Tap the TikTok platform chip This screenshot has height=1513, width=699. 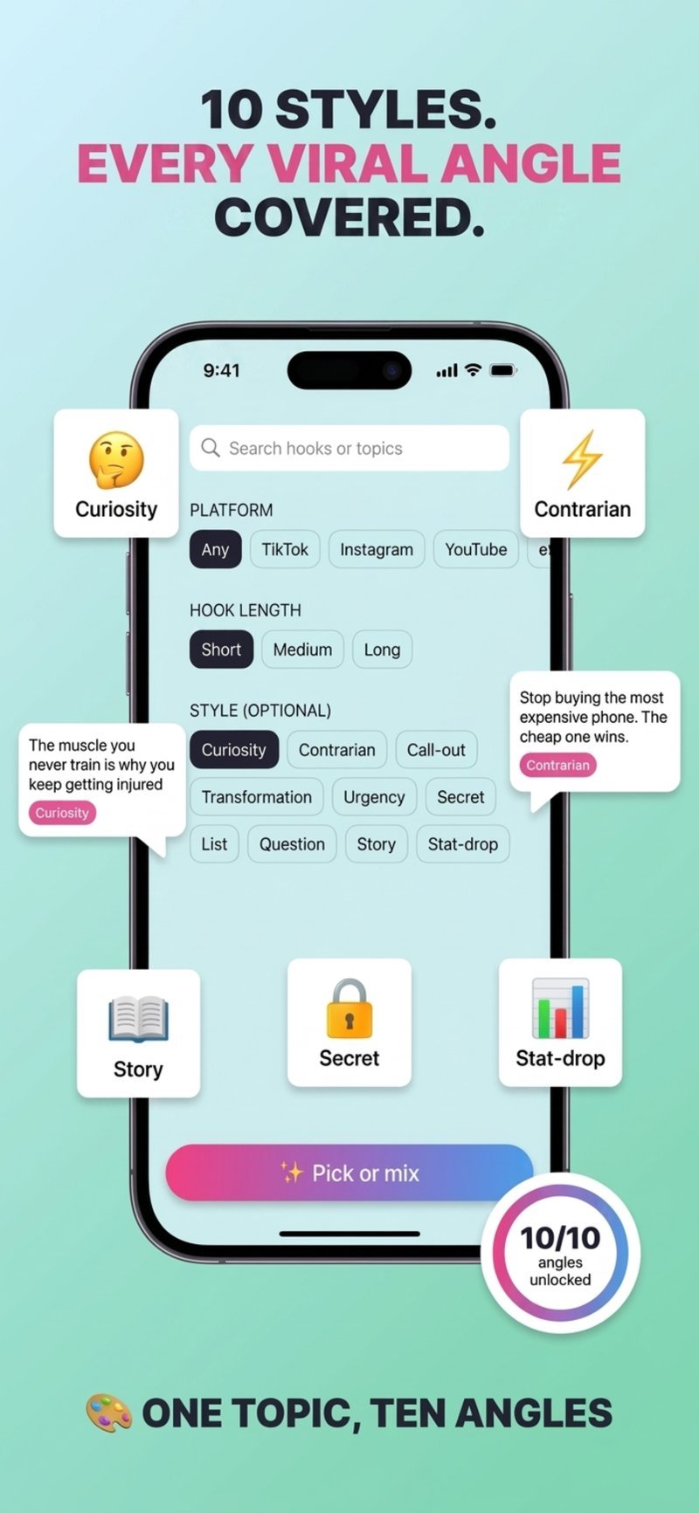point(285,550)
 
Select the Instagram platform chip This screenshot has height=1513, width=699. point(377,550)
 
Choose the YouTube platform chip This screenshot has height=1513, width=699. point(475,550)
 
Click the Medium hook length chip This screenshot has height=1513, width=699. point(302,650)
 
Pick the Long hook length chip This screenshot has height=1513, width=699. point(382,650)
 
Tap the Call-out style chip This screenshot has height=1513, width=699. point(436,750)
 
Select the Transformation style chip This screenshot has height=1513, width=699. point(256,797)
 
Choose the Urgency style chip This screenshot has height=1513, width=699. point(374,797)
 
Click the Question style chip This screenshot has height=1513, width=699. point(292,844)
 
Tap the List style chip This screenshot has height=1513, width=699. point(214,844)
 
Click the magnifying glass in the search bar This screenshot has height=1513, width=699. point(211,448)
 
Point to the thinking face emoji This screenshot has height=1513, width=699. point(116,459)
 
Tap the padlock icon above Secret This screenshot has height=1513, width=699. point(349,1008)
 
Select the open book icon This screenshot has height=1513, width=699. point(138,1020)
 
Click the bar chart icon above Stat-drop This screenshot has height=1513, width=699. point(560,1008)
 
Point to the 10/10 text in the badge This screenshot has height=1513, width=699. point(560,1238)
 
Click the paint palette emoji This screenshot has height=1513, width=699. point(108,1413)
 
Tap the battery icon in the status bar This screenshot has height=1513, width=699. point(503,370)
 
